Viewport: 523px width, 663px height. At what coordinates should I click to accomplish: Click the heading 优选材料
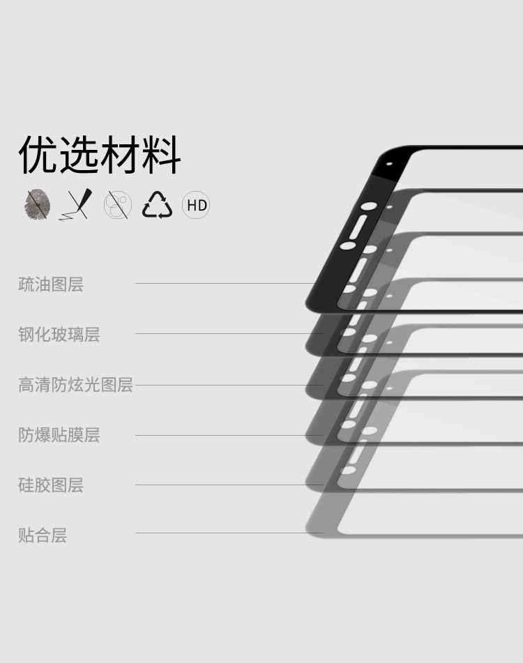click(x=100, y=155)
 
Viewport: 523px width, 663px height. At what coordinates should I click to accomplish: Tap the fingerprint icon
click(x=37, y=205)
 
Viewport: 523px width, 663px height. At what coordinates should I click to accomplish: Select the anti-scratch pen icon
click(x=76, y=205)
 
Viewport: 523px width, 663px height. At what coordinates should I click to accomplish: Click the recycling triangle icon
click(x=157, y=205)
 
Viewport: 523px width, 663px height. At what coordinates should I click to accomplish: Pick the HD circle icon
click(x=196, y=205)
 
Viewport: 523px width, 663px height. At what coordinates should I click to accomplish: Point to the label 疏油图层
click(x=51, y=284)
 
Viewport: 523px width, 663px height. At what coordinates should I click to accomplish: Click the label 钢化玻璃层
click(x=59, y=335)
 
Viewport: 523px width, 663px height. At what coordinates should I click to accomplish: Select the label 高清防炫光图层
click(x=75, y=385)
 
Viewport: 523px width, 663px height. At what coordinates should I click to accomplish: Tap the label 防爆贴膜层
click(x=59, y=435)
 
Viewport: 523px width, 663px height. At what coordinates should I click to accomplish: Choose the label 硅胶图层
click(x=51, y=485)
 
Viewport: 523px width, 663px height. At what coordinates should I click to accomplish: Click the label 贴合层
click(x=43, y=535)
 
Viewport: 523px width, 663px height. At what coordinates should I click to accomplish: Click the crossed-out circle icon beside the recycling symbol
click(x=117, y=205)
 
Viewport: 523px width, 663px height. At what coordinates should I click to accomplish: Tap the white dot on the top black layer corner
click(x=388, y=165)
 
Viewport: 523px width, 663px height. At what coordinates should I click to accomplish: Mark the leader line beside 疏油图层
click(x=223, y=283)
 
